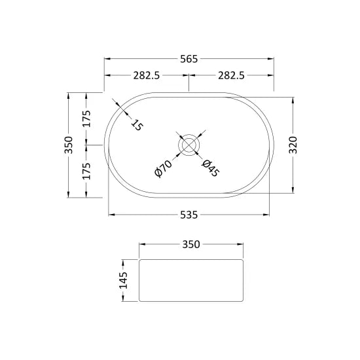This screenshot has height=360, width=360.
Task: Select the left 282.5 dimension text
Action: coord(147,75)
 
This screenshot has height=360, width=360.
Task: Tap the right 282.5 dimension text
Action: coord(231,75)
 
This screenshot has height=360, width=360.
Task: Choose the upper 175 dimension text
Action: coord(86,119)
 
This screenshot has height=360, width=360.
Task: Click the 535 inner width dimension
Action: coord(189,214)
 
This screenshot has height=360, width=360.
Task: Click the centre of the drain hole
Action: coord(189,145)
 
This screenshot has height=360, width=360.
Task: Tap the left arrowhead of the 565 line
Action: coord(107,59)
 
